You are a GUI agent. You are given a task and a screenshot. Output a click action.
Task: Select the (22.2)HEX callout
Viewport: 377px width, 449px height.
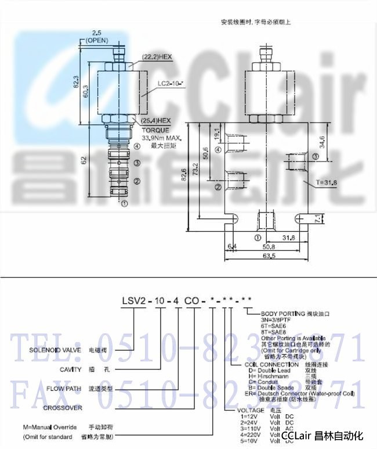(157, 56)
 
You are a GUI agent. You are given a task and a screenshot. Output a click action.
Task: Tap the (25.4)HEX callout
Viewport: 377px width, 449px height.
(157, 120)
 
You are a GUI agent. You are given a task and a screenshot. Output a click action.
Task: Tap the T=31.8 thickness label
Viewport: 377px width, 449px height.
(327, 183)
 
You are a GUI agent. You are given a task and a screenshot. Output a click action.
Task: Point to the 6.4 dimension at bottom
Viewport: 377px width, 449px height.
(234, 246)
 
